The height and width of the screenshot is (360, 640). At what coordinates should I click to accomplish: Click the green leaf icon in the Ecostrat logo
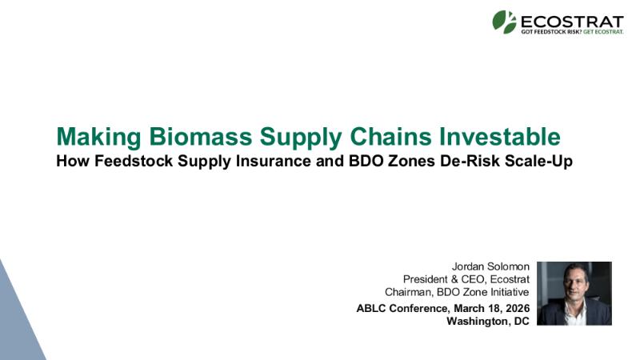click(x=504, y=22)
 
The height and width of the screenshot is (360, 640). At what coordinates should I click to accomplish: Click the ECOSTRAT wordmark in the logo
click(x=572, y=22)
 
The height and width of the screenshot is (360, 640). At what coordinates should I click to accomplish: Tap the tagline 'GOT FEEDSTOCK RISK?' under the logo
click(x=551, y=32)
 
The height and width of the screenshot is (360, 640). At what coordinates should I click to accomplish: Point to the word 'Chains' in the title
click(x=390, y=136)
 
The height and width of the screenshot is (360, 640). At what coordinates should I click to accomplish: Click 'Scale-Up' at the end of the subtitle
click(x=538, y=162)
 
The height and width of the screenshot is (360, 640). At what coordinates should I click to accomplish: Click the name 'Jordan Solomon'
click(x=490, y=266)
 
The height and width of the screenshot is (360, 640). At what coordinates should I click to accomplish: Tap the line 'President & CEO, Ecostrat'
click(x=466, y=279)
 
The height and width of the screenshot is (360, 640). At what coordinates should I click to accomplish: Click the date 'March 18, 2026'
click(x=491, y=308)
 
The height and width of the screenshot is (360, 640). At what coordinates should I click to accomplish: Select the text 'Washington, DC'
click(x=488, y=322)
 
